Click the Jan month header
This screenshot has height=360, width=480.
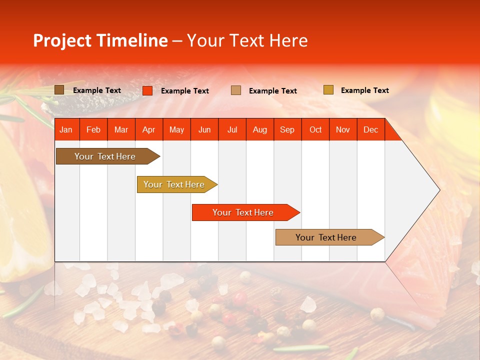66,129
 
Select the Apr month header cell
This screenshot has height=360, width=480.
148,129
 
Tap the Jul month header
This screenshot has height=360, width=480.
232,129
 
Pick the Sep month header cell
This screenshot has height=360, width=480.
287,129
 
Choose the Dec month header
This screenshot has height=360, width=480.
370,129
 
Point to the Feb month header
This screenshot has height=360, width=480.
93,129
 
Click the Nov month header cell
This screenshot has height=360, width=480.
343,129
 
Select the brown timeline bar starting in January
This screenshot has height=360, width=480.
105,156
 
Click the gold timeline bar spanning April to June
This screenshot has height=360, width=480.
174,184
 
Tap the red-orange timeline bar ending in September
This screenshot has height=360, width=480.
243,212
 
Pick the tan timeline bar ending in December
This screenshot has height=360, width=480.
327,237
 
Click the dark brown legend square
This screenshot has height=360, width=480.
59,90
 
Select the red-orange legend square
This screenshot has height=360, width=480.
147,90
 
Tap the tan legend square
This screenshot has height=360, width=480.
236,90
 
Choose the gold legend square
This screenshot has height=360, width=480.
328,90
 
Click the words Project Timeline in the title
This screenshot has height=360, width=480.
100,40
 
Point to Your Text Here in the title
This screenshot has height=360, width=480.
247,40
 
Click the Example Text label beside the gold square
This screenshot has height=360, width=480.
364,90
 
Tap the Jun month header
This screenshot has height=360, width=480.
204,129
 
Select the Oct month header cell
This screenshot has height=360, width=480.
315,129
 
